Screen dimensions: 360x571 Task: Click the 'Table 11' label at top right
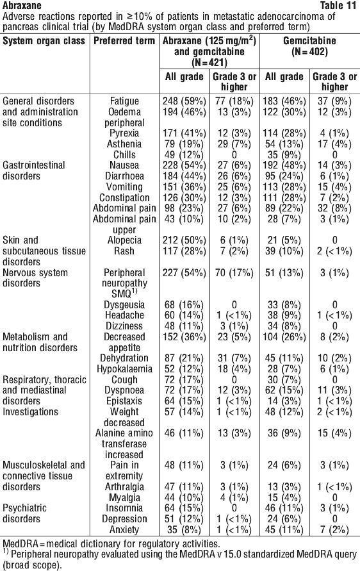(338, 6)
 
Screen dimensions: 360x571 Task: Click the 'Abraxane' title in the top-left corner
(22, 6)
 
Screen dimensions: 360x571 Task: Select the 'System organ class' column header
(44, 40)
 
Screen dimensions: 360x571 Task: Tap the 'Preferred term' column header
(124, 40)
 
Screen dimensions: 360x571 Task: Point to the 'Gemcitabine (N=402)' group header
(309, 46)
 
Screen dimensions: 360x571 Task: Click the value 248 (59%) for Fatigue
(184, 101)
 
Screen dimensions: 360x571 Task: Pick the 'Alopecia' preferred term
(124, 240)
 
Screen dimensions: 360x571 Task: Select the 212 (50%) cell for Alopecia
(184, 240)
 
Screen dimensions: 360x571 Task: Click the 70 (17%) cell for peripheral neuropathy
(234, 273)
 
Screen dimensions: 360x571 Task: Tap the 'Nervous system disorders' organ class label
(35, 278)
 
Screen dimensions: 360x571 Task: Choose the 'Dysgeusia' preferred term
(124, 305)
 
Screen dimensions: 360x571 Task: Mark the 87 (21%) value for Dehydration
(184, 358)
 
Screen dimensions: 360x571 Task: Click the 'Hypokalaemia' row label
(124, 369)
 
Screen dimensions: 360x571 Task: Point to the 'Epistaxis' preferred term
(124, 401)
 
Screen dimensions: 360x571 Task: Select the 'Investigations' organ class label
(30, 412)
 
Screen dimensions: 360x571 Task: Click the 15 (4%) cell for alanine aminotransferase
(334, 433)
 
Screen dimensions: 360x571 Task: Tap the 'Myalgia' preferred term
(124, 497)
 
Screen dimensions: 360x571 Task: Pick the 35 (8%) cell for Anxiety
(184, 529)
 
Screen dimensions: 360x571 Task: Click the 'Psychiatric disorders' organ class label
(24, 513)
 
